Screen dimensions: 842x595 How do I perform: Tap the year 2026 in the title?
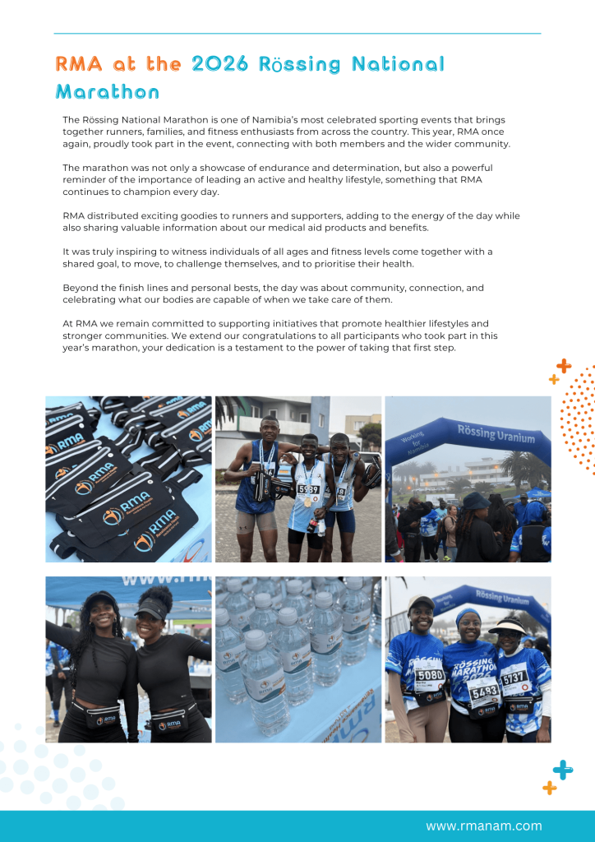coord(219,64)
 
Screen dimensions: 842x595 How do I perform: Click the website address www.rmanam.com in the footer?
coord(483,826)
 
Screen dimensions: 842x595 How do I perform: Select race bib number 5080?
coord(429,675)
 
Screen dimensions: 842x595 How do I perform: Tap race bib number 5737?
coord(514,677)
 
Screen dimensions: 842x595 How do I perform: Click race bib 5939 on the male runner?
coord(308,489)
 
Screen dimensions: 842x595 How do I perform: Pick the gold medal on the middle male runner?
coord(308,501)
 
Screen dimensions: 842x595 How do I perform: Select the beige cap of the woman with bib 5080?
coord(421,603)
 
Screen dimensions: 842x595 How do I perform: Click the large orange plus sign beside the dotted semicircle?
coord(564,366)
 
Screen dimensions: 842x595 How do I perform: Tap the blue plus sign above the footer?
coord(563,770)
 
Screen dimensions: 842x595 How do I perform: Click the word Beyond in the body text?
coord(81,288)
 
